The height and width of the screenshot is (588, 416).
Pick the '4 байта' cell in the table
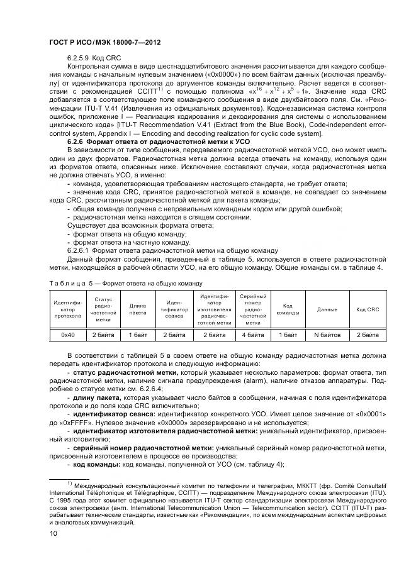pyautogui.click(x=252, y=335)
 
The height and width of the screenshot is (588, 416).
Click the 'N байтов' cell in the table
pyautogui.click(x=327, y=335)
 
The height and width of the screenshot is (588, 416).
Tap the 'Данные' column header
pyautogui.click(x=327, y=309)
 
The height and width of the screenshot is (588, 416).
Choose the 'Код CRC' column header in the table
pyautogui.click(x=368, y=309)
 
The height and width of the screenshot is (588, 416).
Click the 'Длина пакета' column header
pyautogui.click(x=138, y=309)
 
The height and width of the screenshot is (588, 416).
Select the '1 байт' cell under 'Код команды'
pyautogui.click(x=288, y=335)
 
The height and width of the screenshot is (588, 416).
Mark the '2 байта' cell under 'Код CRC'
pyautogui.click(x=368, y=335)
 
